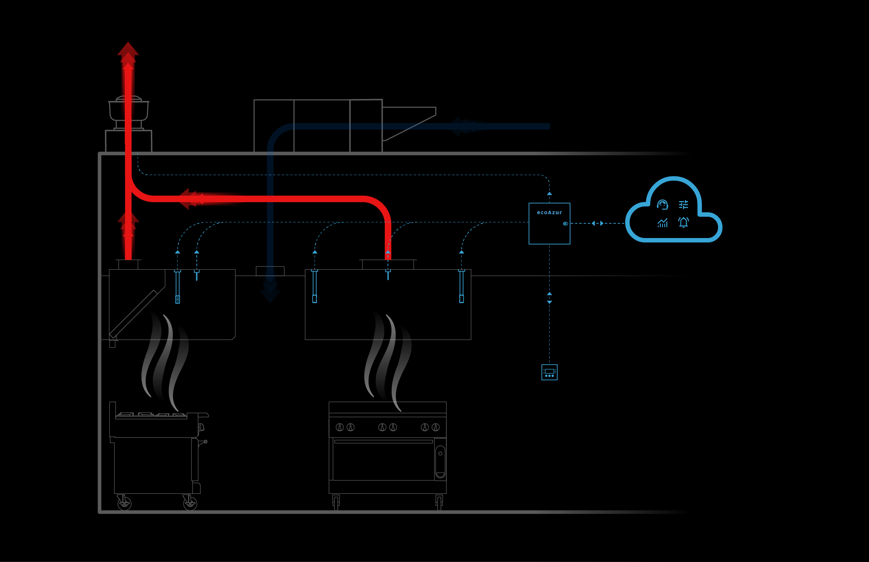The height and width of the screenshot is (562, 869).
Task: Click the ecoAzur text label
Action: coord(549,212)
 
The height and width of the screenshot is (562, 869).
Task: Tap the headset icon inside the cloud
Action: coord(662,205)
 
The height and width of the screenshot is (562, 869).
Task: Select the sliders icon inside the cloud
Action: coord(683,205)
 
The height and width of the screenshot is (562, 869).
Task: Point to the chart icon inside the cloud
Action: coord(662,223)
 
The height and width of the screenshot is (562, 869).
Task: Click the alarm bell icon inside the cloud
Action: coord(683,222)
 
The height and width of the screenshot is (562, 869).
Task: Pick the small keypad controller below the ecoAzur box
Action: coord(549,372)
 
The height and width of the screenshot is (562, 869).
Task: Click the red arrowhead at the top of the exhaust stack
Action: coord(128,49)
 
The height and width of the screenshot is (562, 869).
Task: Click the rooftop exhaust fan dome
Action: coord(129,99)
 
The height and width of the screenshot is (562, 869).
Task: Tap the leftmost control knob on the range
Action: coord(340,427)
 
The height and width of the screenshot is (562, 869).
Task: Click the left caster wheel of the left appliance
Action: coord(124,503)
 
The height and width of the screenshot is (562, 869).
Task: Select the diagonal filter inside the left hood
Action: coord(133,314)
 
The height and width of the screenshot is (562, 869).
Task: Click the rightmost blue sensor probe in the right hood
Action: coord(462,286)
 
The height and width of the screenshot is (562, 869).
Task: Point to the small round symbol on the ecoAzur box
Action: coord(565,224)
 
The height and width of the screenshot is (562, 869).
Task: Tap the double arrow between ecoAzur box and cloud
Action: coord(597,223)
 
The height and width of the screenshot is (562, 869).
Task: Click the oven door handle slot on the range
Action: coord(440,462)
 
